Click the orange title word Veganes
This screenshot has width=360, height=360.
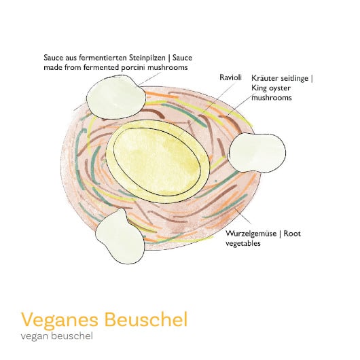[x=60, y=321]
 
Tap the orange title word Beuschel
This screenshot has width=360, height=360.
[x=146, y=319]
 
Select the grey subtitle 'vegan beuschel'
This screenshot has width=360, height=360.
[x=56, y=336]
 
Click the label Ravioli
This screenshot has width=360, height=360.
[x=230, y=77]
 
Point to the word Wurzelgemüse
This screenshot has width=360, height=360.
[x=251, y=234]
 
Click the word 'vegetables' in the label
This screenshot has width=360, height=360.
[x=243, y=243]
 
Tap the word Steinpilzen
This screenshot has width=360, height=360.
[x=147, y=58]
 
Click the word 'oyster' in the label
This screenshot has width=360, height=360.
[x=279, y=88]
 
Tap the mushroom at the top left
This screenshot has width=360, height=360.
[x=115, y=98]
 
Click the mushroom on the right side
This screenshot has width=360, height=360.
[x=257, y=152]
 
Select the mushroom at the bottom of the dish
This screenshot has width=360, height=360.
[x=120, y=237]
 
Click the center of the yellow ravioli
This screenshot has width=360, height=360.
[x=158, y=162]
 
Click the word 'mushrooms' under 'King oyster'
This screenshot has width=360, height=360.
[x=272, y=98]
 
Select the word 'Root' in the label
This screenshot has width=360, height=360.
[x=292, y=234]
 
